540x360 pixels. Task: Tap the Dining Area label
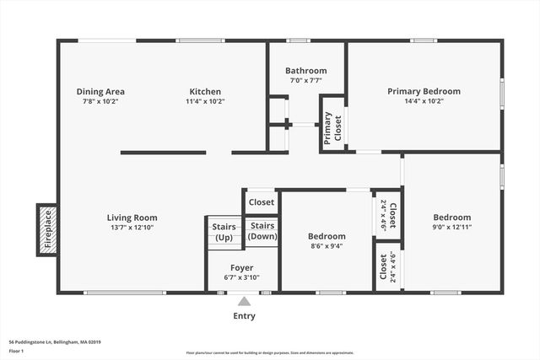[100, 91]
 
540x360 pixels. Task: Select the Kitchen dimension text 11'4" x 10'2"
[205, 101]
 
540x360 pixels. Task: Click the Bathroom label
[305, 71]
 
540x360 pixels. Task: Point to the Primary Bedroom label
[424, 91]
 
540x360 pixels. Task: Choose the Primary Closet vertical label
[332, 130]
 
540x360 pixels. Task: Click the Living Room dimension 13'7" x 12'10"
[132, 228]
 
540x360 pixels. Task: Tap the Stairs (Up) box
[224, 232]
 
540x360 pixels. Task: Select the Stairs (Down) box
[262, 231]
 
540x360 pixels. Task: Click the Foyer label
[242, 268]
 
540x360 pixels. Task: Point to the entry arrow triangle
[244, 301]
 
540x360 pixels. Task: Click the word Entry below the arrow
[244, 316]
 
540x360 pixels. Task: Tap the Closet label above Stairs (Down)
[262, 202]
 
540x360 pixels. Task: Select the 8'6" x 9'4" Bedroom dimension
[327, 246]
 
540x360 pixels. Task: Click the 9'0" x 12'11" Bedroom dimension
[452, 225]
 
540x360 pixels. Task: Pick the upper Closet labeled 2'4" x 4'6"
[387, 216]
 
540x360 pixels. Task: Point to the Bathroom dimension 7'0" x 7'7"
[305, 81]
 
